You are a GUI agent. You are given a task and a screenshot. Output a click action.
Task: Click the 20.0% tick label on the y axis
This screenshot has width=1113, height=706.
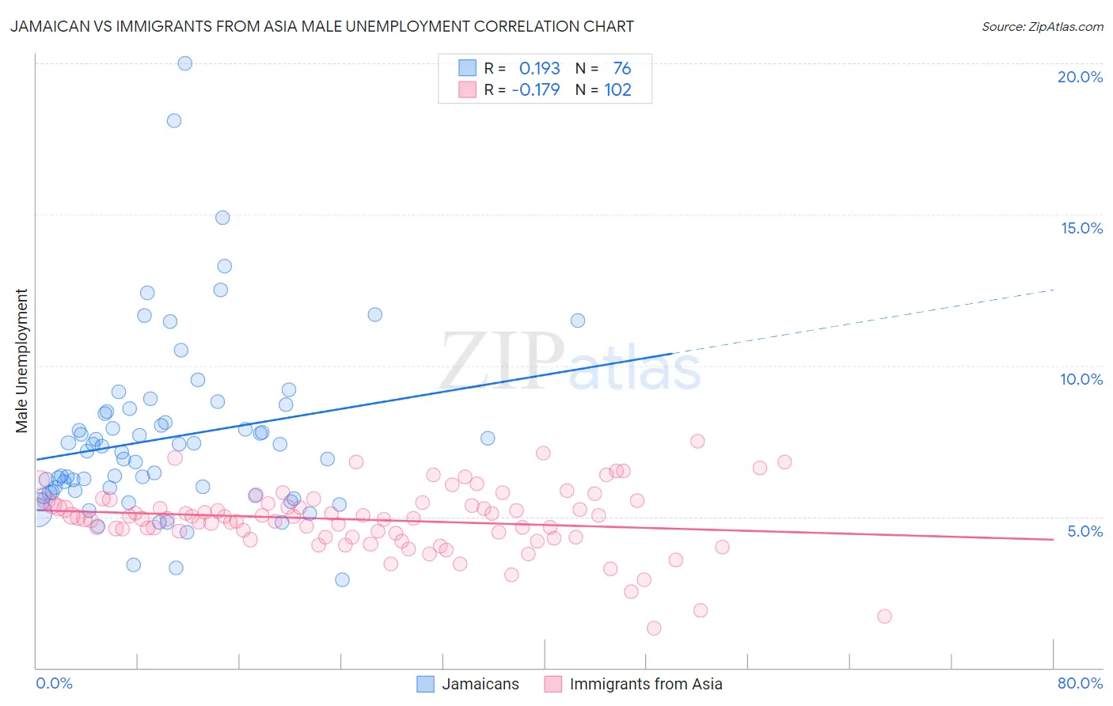[1080, 77]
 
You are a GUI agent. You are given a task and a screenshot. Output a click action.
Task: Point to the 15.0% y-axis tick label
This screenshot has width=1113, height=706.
[1081, 228]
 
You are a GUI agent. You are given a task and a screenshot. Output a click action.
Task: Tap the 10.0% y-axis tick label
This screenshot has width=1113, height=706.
[1081, 379]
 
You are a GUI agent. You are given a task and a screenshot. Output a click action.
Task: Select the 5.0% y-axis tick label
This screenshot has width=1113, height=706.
[1085, 531]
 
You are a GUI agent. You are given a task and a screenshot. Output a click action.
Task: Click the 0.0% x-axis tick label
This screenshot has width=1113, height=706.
[55, 683]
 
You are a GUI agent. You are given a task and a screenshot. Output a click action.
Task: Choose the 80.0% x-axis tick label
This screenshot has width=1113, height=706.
[1080, 683]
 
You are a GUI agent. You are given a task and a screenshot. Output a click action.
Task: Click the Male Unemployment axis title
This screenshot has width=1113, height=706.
[21, 361]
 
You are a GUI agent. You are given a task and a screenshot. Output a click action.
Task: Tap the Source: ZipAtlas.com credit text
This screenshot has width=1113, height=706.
[1042, 26]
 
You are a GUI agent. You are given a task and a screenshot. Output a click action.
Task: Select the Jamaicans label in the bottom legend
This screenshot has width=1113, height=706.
[480, 684]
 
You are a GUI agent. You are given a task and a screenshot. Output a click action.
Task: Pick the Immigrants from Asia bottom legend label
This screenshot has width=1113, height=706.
[645, 684]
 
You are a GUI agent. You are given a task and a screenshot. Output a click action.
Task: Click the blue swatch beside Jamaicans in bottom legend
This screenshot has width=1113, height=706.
[426, 684]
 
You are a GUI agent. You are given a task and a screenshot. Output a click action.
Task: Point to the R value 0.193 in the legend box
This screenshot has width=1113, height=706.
[539, 69]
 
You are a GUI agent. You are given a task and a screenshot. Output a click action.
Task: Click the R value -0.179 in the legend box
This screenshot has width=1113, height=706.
[536, 90]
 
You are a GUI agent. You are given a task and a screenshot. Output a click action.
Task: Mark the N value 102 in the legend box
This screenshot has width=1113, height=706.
[617, 90]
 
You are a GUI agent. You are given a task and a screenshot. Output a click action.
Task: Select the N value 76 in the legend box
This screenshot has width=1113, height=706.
[621, 69]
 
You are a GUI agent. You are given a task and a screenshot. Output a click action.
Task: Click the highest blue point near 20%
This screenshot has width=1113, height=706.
[184, 63]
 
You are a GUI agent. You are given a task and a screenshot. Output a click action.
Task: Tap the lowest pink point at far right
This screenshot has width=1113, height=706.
[884, 617]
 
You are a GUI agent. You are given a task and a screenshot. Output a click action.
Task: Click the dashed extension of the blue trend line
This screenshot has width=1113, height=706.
[863, 321]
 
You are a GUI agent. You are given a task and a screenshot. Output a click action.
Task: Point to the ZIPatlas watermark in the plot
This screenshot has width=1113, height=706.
[570, 362]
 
